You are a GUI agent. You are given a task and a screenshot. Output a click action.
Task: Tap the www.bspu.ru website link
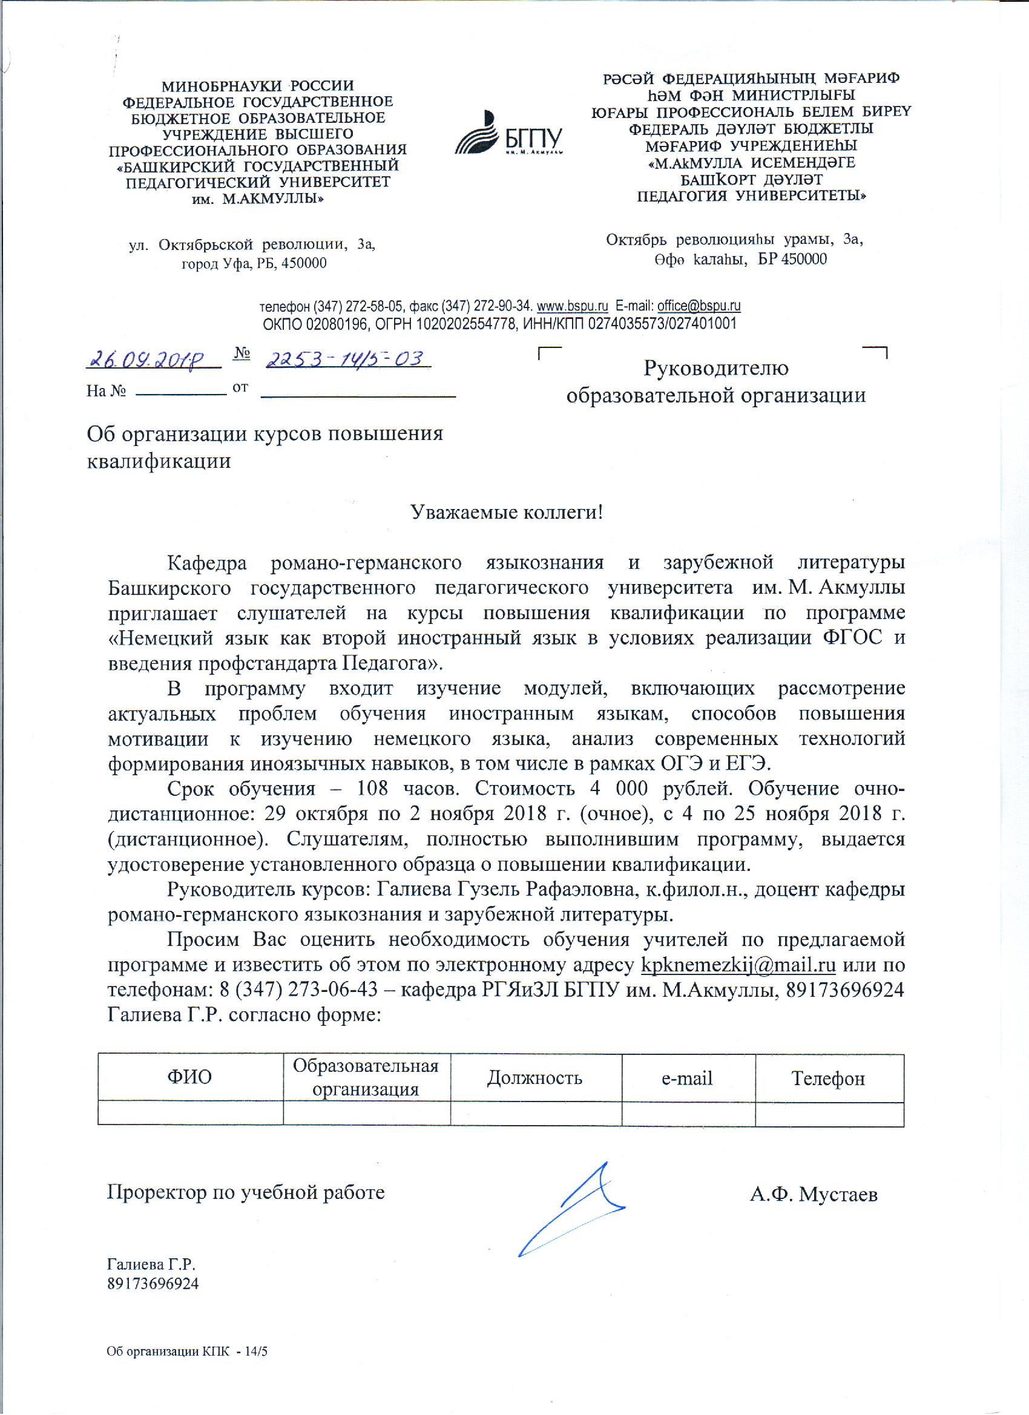click(x=572, y=306)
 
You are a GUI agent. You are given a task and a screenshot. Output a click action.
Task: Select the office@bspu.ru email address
click(x=699, y=306)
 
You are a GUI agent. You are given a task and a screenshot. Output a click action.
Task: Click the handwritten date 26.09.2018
click(x=153, y=359)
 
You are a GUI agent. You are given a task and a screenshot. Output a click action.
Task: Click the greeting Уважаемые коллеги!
click(x=506, y=512)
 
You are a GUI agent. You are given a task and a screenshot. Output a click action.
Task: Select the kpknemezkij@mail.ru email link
click(x=738, y=965)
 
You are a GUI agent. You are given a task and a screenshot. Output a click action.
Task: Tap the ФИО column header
click(x=189, y=1077)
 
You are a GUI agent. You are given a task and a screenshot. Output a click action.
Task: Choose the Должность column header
click(x=535, y=1077)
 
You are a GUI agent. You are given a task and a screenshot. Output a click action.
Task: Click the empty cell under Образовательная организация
click(x=366, y=1114)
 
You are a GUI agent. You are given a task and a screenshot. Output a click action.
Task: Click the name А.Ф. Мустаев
click(x=814, y=1194)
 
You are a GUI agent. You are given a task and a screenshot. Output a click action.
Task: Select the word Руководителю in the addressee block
click(x=715, y=368)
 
